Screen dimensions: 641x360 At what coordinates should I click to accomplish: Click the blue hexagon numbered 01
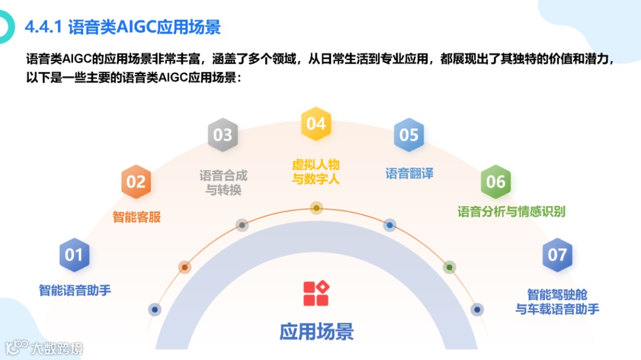click(74, 255)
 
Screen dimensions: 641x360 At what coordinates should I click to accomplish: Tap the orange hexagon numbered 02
click(136, 181)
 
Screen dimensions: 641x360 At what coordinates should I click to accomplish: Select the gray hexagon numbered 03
click(223, 135)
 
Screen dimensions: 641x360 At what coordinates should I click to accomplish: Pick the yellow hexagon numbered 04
click(316, 123)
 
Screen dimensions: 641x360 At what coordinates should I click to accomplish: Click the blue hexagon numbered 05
click(409, 135)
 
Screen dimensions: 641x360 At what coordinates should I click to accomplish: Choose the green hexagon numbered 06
click(496, 181)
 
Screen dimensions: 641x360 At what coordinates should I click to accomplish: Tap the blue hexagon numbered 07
click(557, 255)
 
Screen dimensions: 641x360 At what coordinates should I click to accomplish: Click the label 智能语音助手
click(75, 290)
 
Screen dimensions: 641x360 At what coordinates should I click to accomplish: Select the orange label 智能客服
click(137, 216)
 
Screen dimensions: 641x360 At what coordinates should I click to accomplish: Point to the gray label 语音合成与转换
click(223, 183)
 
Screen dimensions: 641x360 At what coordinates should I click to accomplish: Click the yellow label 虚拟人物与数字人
click(316, 171)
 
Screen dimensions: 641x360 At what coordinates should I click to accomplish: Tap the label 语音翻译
click(410, 174)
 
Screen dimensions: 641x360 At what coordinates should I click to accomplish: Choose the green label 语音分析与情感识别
click(511, 211)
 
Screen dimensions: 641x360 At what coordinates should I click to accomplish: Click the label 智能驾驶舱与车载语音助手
click(557, 301)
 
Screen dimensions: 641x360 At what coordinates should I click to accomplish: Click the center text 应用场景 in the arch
click(316, 331)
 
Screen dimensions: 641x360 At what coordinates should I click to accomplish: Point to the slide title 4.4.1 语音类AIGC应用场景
click(123, 27)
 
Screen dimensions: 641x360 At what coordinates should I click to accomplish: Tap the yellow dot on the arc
click(317, 208)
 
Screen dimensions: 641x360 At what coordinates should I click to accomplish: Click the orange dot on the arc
click(185, 267)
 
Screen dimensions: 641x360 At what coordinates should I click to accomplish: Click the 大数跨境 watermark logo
click(45, 348)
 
